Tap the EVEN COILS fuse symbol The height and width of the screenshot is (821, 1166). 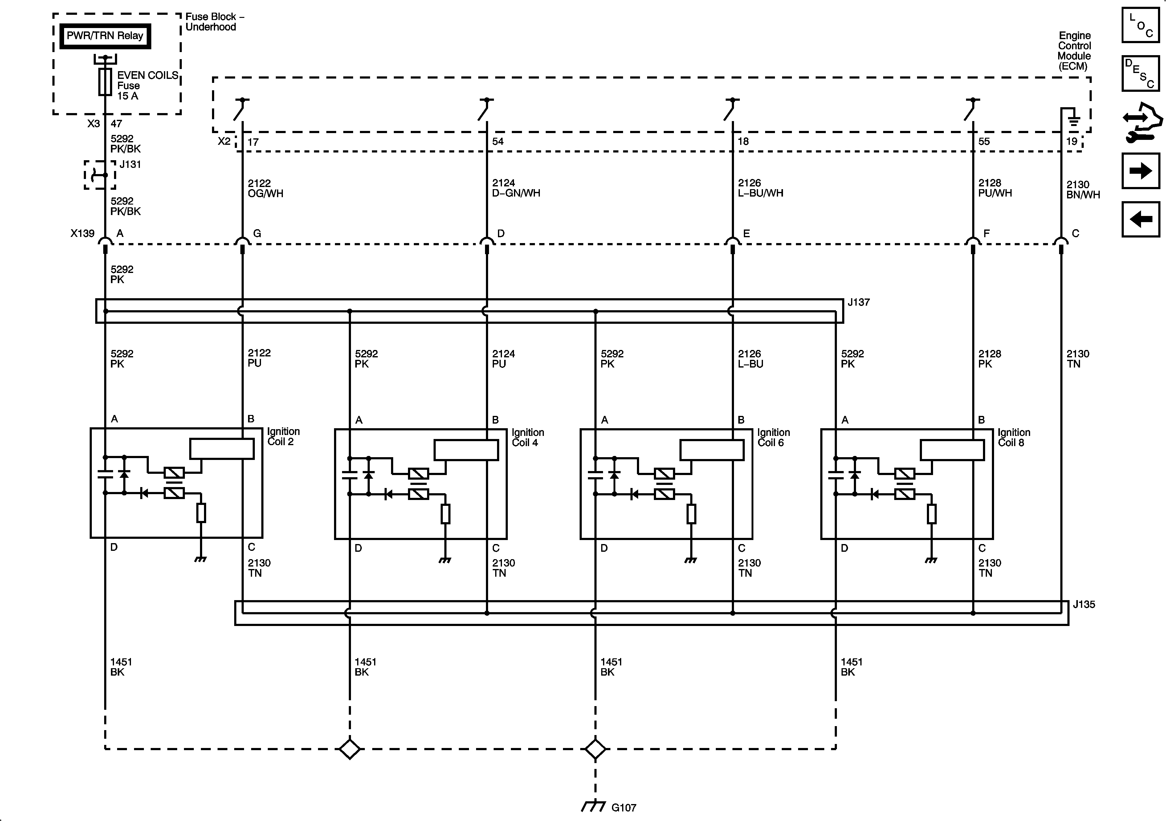click(105, 82)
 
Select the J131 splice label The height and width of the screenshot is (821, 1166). click(130, 165)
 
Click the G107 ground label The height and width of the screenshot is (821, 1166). click(624, 807)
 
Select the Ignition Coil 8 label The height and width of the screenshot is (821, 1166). click(1014, 438)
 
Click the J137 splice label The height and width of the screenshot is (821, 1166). click(859, 303)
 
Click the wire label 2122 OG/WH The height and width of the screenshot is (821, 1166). click(265, 188)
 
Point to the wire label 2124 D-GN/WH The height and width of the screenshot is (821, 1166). click(516, 188)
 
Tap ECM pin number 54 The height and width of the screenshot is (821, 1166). click(498, 142)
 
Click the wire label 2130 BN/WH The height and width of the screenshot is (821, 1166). click(1083, 190)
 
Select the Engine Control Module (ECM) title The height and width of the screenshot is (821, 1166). click(1074, 51)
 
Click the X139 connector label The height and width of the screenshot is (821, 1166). click(82, 234)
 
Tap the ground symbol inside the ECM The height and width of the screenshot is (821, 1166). click(1073, 121)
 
